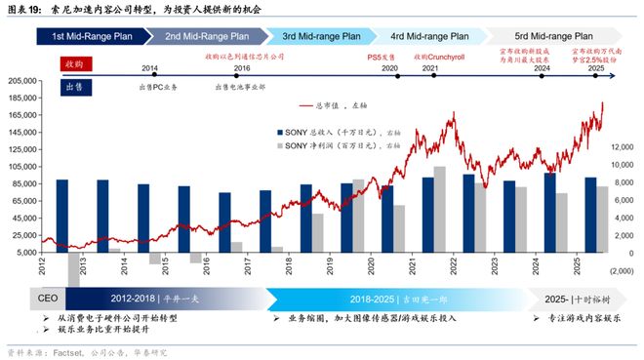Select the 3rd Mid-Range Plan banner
pyautogui.click(x=321, y=36)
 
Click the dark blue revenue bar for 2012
pyautogui.click(x=62, y=216)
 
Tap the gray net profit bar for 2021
pyautogui.click(x=440, y=209)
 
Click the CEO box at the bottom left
pyautogui.click(x=47, y=298)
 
